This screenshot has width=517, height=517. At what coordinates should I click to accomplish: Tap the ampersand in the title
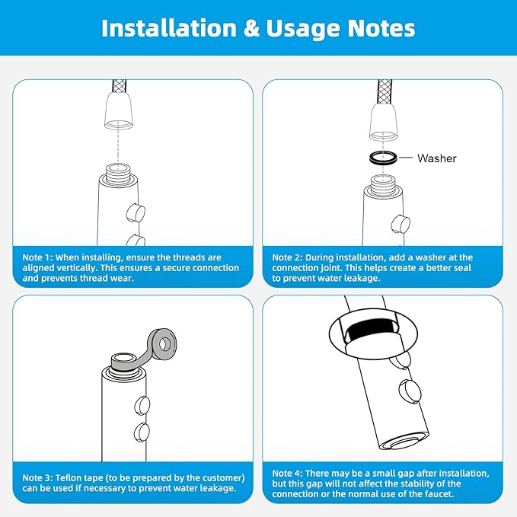click(251, 28)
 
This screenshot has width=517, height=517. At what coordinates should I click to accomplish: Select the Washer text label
click(436, 158)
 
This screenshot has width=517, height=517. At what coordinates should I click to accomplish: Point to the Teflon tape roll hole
click(163, 345)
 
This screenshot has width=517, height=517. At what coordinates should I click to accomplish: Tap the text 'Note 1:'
click(37, 257)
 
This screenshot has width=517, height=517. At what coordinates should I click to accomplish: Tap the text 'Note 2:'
click(287, 257)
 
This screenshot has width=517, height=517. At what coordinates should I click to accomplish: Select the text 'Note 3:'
click(37, 477)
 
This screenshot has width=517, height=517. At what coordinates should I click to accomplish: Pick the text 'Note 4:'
click(287, 473)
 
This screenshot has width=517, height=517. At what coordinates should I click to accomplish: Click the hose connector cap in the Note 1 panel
click(119, 111)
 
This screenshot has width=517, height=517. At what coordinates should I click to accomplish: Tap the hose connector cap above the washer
click(383, 123)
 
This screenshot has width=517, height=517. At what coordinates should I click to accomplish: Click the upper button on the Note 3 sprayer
click(142, 405)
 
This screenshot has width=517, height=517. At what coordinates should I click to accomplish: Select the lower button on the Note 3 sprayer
click(142, 432)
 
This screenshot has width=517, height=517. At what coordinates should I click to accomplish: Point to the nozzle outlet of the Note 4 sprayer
click(406, 442)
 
